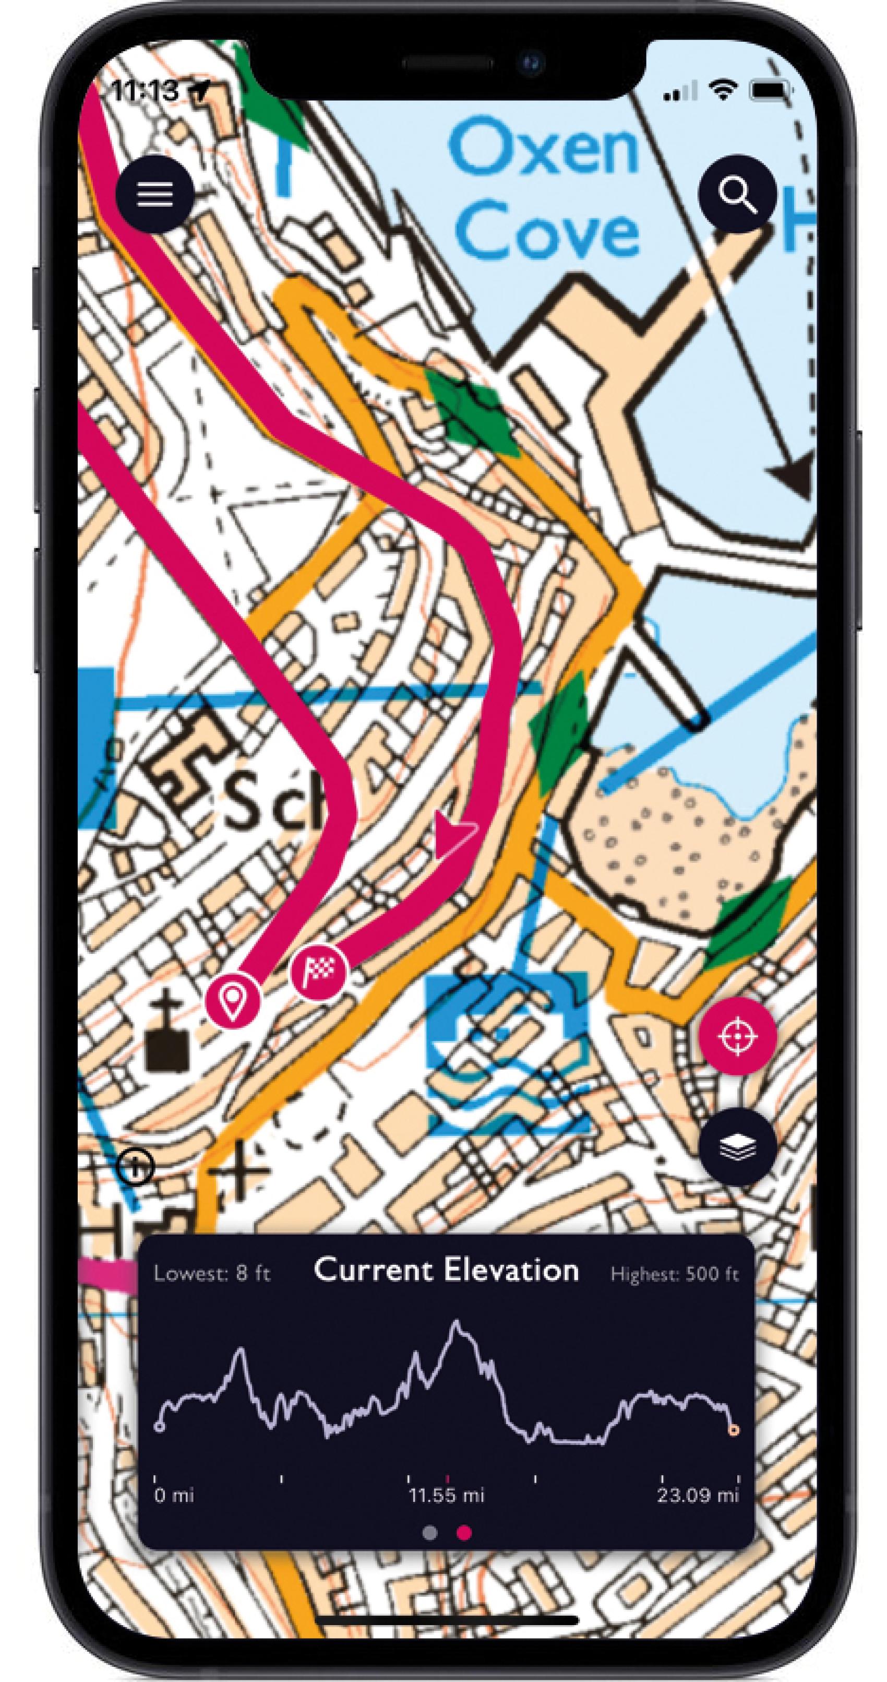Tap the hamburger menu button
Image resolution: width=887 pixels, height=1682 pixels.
click(x=154, y=194)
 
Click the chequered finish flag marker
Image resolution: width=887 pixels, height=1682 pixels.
click(x=318, y=972)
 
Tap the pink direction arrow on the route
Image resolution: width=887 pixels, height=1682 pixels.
click(x=452, y=836)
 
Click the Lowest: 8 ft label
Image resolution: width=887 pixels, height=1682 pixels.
click(x=211, y=1273)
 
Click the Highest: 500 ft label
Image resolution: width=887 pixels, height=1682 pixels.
click(x=674, y=1273)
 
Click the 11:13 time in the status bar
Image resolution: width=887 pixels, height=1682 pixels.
click(x=145, y=91)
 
